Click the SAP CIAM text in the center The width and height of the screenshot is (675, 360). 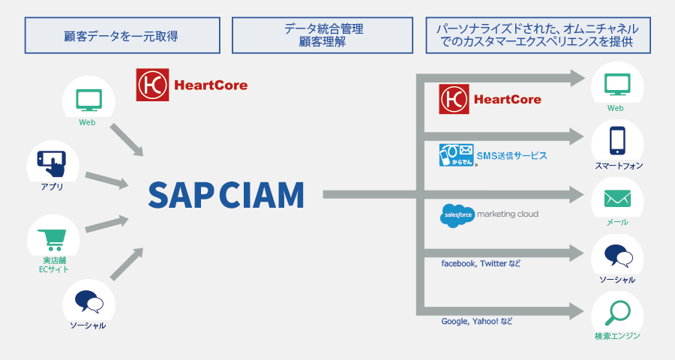(226, 194)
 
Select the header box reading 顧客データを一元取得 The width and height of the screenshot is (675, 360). (121, 35)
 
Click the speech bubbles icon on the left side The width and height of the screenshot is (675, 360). (88, 302)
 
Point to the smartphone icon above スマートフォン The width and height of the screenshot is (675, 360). (616, 140)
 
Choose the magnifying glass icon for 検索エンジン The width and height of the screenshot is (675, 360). (616, 312)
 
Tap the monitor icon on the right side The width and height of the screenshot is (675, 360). (616, 84)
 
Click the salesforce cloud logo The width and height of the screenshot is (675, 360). (457, 215)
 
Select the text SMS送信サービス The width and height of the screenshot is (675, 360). (512, 156)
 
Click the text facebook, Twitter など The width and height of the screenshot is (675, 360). (480, 263)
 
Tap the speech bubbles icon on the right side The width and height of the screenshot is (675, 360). (616, 256)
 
